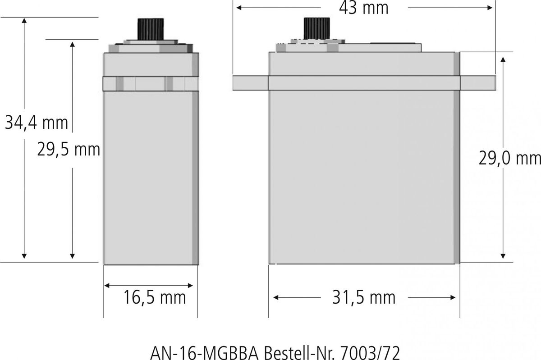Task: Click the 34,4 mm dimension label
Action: tap(36, 122)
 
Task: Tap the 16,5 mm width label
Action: tap(155, 297)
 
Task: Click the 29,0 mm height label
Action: tap(510, 158)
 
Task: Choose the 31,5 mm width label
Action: tap(363, 297)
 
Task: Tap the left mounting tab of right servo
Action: tap(250, 83)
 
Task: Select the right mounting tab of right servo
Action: tap(478, 83)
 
